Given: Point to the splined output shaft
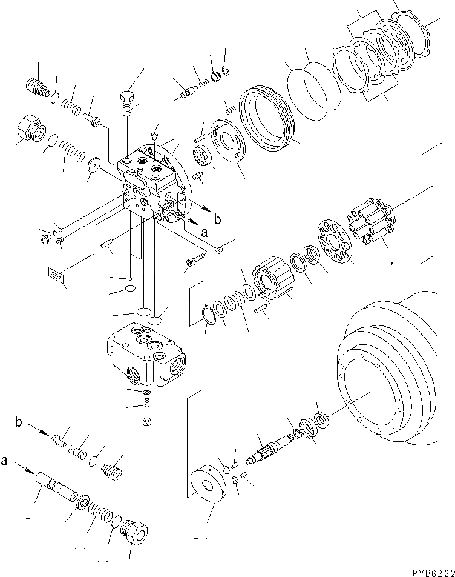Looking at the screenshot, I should point(271,451).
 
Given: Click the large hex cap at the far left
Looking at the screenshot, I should point(31,130).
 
